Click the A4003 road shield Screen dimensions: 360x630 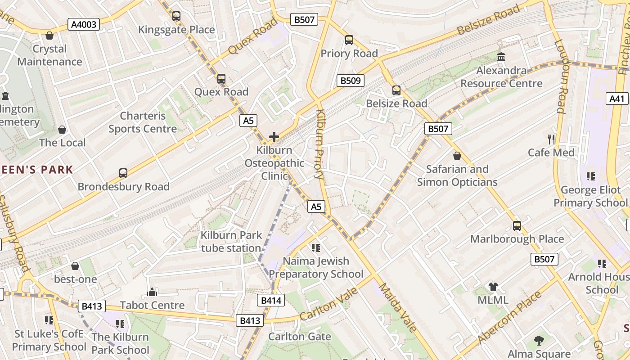(84, 24)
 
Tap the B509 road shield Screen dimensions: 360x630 (350, 81)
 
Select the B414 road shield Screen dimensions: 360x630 (271, 300)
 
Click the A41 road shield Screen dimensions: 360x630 (617, 99)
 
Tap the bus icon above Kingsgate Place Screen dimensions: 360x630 (176, 16)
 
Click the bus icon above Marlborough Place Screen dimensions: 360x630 (517, 226)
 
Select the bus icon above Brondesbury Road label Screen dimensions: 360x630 (123, 173)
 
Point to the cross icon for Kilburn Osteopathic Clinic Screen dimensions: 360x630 (274, 137)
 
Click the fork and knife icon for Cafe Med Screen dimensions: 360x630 (551, 139)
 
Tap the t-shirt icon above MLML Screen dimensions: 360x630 (493, 287)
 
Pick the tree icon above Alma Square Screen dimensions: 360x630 (539, 341)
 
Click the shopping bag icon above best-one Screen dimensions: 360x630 (75, 266)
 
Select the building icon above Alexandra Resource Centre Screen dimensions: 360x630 (501, 57)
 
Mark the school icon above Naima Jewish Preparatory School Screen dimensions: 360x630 (315, 247)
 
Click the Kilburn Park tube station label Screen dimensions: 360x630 (231, 242)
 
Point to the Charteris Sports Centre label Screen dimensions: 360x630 (143, 122)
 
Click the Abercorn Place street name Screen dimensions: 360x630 (510, 317)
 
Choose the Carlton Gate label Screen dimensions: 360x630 (300, 337)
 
